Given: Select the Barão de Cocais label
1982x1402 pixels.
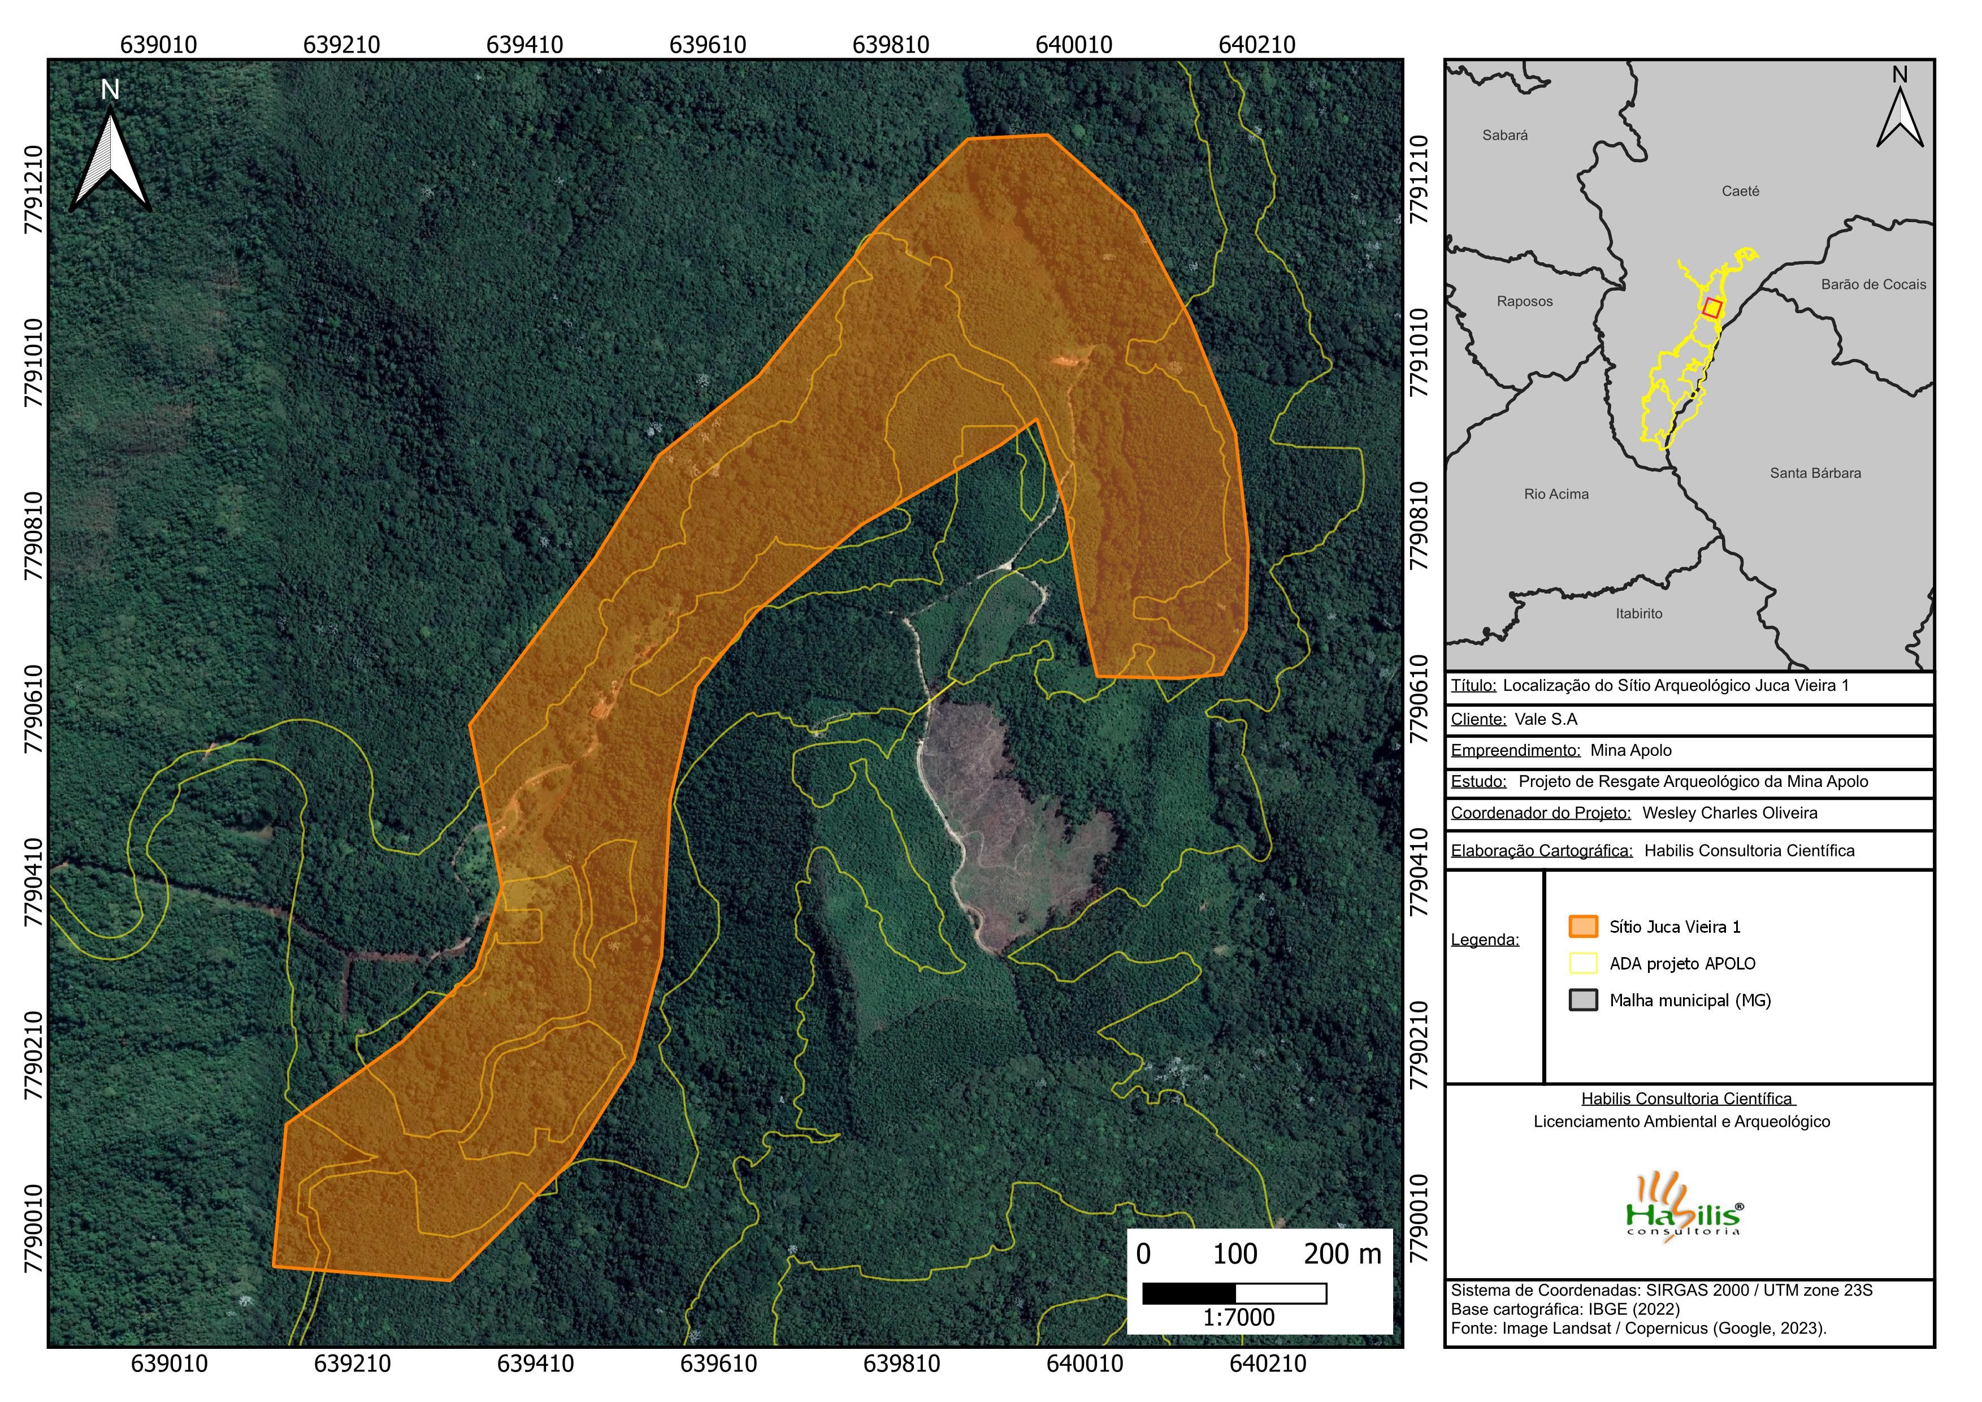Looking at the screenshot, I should [x=1873, y=285].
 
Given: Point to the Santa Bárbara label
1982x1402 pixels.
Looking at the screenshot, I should [x=1815, y=473].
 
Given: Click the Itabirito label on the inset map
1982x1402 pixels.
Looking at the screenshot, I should [x=1638, y=614].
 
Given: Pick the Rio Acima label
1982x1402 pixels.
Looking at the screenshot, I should [x=1555, y=495].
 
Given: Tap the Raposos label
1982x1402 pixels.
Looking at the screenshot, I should [x=1524, y=301].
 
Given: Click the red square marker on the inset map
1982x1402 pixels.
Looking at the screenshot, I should [x=1712, y=308].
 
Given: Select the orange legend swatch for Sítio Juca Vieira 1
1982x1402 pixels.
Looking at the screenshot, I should [x=1582, y=927].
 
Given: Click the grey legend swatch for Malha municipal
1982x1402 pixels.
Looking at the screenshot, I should [x=1582, y=1001].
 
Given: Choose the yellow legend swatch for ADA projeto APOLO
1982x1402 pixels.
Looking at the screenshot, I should [x=1582, y=963].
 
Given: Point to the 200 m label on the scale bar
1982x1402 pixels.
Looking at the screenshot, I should [x=1342, y=1254].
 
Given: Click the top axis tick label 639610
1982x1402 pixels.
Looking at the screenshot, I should [x=707, y=45].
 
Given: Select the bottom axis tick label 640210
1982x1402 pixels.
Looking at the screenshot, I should [x=1267, y=1364].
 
